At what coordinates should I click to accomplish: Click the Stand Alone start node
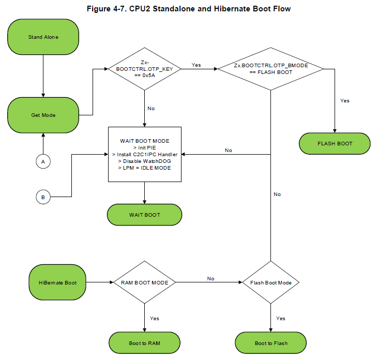point(43,37)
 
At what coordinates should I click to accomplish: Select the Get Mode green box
point(43,115)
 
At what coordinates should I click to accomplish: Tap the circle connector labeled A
point(43,161)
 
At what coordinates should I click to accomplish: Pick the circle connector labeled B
point(43,197)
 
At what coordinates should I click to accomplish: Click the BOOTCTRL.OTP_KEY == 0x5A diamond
point(144,69)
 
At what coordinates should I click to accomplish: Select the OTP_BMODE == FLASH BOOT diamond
point(270,69)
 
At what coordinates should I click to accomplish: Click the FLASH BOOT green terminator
point(335,143)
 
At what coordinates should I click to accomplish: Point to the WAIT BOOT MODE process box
point(145,154)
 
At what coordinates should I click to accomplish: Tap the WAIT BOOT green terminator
point(144,215)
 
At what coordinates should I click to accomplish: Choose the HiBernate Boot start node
point(57,282)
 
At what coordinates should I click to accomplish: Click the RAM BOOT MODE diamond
point(144,282)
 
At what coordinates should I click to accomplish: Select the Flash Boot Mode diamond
point(270,282)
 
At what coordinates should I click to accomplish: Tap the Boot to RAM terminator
point(144,343)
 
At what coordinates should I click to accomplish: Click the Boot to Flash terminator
point(271,343)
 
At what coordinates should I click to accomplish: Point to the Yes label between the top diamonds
point(196,65)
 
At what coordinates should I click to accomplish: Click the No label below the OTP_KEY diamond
point(151,109)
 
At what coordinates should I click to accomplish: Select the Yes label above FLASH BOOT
point(345,100)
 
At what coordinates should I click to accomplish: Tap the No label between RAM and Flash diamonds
point(210,278)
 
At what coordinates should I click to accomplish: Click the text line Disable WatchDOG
point(144,161)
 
